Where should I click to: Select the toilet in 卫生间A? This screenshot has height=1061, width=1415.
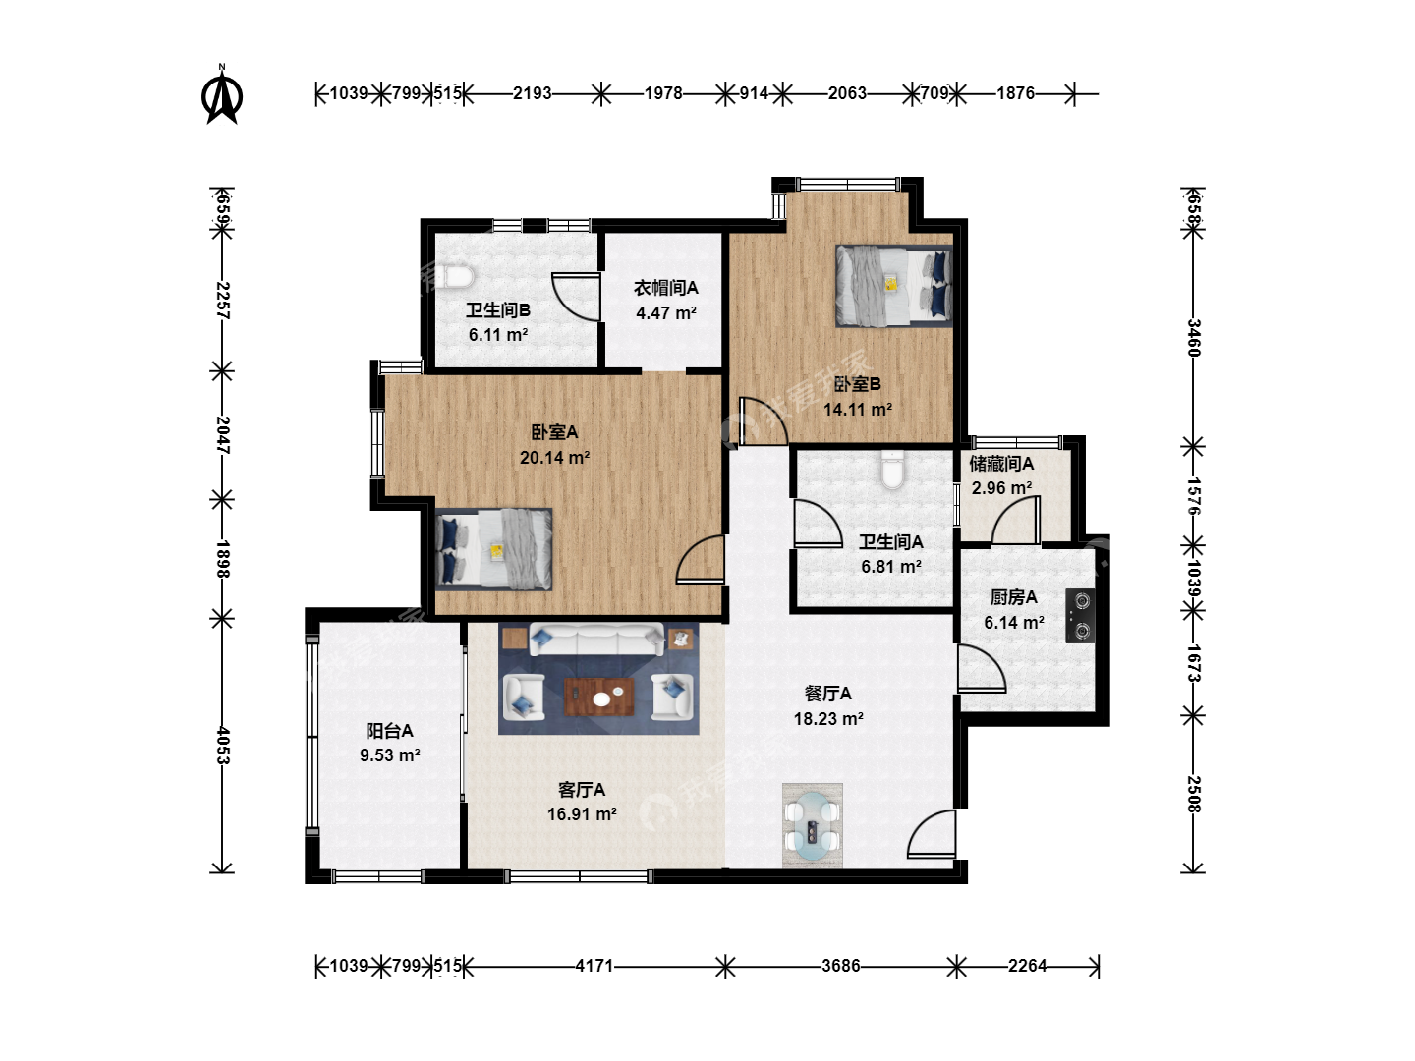893,471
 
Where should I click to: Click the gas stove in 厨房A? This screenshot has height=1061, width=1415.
1080,616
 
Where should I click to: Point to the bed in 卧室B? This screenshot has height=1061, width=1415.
894,285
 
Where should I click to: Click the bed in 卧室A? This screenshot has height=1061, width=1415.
494,549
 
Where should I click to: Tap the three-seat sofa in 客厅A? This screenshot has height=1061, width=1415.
596,639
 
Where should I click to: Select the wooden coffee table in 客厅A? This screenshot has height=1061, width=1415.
598,697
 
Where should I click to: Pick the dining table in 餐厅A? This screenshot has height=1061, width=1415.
813,826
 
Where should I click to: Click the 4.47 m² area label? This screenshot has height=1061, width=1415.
666,313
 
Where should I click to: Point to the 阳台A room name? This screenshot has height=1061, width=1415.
389,731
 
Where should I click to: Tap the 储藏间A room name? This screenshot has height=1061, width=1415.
1001,463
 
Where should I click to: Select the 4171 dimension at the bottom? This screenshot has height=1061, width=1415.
594,966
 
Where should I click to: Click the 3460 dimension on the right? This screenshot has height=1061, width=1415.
1193,338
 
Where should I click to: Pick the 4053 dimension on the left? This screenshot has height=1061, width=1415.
222,746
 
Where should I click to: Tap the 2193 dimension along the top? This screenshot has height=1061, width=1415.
532,93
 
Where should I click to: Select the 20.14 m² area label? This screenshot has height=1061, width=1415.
554,458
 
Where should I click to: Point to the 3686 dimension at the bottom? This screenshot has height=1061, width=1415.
840,966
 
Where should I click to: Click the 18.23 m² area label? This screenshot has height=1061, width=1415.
828,718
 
